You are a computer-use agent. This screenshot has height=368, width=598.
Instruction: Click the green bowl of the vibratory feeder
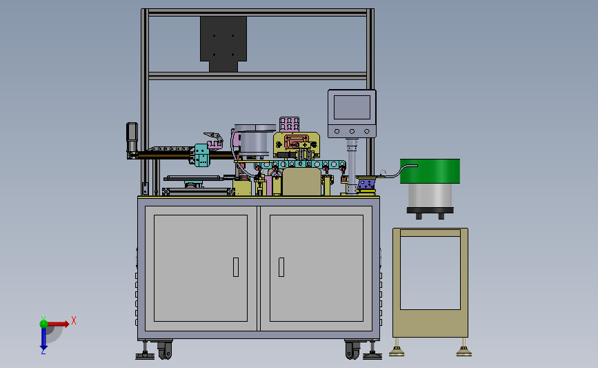[430, 171]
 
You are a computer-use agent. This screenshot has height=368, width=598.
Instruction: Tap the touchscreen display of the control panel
[352, 107]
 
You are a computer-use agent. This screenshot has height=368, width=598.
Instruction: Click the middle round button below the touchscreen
[352, 131]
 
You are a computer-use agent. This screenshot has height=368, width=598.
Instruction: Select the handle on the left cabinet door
[236, 267]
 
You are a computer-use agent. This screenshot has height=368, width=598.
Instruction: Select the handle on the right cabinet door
[281, 267]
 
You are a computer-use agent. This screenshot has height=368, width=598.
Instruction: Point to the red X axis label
[74, 320]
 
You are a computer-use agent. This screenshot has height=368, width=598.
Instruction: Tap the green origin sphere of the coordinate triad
[43, 324]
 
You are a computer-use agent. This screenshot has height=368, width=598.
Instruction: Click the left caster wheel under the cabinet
[165, 349]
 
